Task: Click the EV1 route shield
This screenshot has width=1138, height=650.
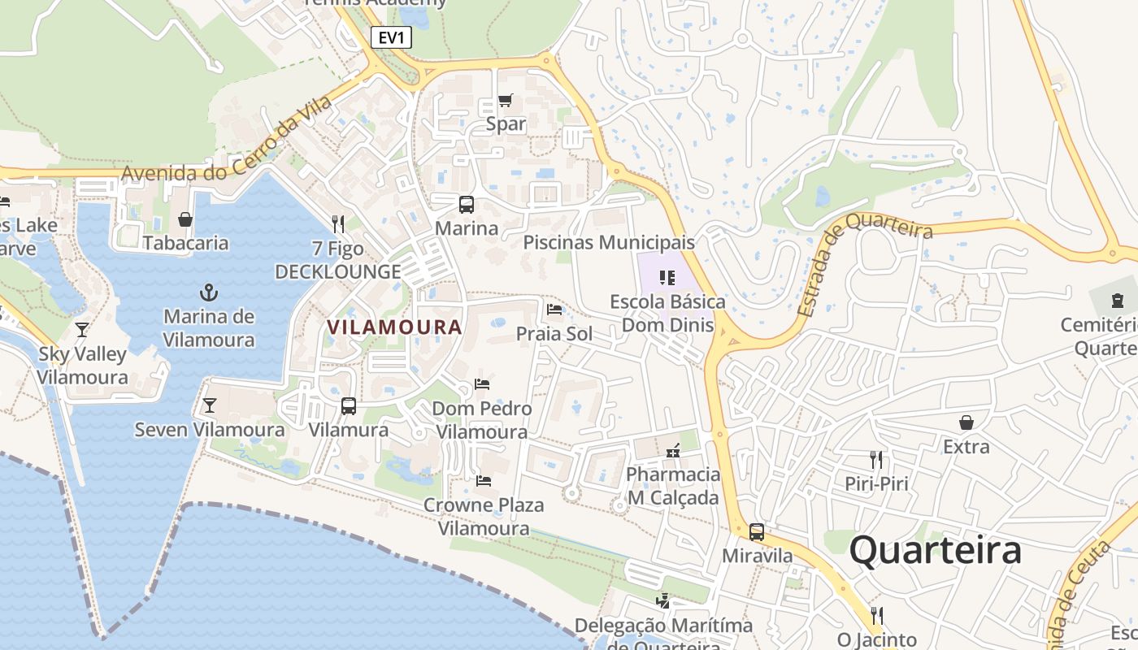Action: (391, 37)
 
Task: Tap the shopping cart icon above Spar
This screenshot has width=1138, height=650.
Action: (506, 101)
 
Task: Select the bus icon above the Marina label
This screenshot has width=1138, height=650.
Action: (467, 205)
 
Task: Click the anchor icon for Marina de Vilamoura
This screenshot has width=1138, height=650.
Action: (209, 292)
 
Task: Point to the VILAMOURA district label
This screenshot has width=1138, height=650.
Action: (394, 327)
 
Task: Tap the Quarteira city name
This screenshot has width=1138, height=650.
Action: (935, 551)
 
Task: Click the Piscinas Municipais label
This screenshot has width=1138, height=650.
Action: (609, 242)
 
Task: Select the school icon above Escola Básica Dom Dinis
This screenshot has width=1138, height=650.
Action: (667, 278)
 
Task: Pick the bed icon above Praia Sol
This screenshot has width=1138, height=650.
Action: (554, 310)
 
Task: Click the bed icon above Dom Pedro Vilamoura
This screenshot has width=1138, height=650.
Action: (482, 384)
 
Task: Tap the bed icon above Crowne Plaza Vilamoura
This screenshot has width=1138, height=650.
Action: (484, 481)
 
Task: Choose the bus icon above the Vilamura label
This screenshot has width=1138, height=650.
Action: (349, 405)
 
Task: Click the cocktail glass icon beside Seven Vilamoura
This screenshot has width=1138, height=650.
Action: (210, 405)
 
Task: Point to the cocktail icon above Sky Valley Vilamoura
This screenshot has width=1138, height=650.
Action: (82, 330)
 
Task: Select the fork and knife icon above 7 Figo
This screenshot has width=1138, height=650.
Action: (338, 223)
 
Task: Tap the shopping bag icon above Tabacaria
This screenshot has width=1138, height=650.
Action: (185, 219)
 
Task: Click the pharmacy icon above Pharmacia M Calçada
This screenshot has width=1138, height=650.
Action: (673, 449)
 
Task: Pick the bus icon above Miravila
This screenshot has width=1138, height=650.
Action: (757, 532)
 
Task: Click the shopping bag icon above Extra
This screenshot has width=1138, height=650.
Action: (966, 422)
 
